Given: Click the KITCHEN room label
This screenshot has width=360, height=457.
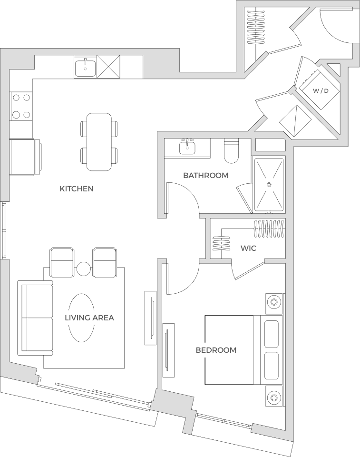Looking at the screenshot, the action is (x=76, y=189).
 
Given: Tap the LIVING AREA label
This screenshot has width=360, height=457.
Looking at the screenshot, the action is (x=89, y=318).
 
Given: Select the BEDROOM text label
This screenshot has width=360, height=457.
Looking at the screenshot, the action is (x=216, y=350).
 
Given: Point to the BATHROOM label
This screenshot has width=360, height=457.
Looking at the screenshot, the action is (x=205, y=176).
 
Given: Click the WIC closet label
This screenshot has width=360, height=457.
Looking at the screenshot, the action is (x=248, y=248).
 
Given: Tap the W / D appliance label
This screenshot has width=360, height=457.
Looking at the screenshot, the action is (x=321, y=91).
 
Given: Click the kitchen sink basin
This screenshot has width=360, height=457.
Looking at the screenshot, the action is (x=85, y=69).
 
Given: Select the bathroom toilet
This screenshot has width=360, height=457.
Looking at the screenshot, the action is (x=231, y=151).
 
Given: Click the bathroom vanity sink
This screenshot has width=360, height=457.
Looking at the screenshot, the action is (x=187, y=147).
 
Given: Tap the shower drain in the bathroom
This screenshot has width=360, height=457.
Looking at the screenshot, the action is (x=269, y=184).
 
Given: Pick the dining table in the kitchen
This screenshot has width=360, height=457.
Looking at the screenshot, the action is (x=99, y=142).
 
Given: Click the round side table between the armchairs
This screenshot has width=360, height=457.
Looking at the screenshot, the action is (x=84, y=268).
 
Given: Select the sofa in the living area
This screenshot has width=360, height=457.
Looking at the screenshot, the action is (x=35, y=318).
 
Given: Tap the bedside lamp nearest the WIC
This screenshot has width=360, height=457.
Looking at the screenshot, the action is (x=274, y=302).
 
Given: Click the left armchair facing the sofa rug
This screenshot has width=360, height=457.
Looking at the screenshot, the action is (x=62, y=262).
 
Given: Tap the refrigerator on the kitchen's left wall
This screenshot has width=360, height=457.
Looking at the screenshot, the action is (x=25, y=158).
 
